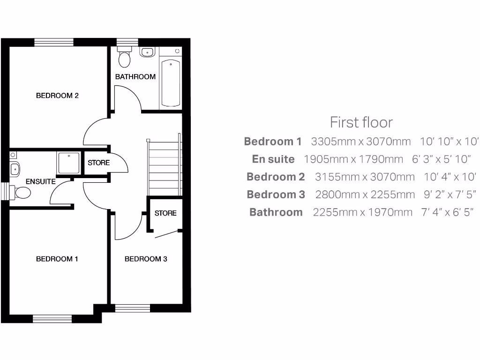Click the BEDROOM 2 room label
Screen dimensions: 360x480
[57, 96]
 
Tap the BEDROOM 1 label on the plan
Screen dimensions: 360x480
[57, 259]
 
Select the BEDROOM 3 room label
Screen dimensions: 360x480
[146, 259]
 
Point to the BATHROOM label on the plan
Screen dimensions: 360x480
[135, 76]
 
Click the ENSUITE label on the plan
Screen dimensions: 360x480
[41, 181]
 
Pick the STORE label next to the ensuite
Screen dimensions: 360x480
[99, 163]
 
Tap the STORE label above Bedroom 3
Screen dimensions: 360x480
[165, 213]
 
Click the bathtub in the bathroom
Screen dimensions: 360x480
[171, 83]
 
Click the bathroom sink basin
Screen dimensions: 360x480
[147, 52]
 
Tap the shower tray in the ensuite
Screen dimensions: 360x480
[69, 163]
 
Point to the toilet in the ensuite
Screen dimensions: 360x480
[22, 192]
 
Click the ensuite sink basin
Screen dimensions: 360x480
[14, 167]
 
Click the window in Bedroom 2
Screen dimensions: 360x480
[54, 42]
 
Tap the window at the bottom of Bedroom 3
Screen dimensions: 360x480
[132, 308]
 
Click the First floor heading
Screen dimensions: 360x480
[361, 122]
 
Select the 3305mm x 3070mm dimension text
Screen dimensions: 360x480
[360, 141]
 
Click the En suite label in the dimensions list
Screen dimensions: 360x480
[273, 159]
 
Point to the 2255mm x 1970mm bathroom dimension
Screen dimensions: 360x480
[362, 212]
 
